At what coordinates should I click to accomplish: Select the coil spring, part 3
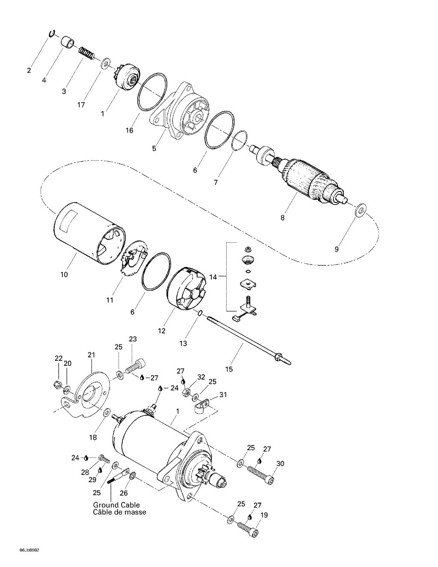coord(87,53)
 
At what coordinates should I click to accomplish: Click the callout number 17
coord(81,105)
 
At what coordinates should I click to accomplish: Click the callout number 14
coord(213,277)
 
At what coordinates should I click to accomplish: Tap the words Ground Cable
coord(116,505)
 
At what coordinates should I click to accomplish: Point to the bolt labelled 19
coord(248,527)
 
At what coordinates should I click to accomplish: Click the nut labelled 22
coord(58,385)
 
